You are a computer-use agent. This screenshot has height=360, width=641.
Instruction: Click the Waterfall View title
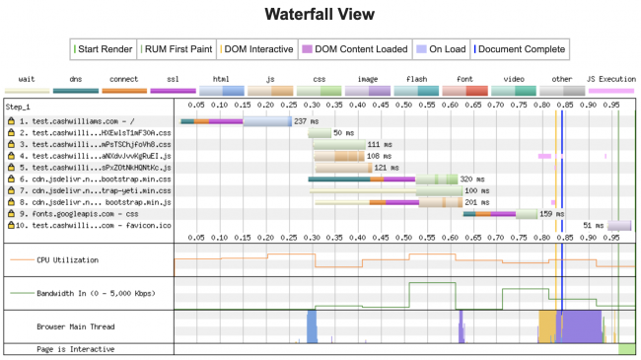coord(320,15)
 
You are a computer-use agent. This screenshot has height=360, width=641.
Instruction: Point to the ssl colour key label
coord(172,78)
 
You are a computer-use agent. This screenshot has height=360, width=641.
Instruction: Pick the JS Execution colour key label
coord(610,78)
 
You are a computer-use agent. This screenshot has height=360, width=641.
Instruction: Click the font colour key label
coord(463,78)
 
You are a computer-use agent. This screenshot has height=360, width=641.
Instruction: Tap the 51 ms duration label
coord(593,225)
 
